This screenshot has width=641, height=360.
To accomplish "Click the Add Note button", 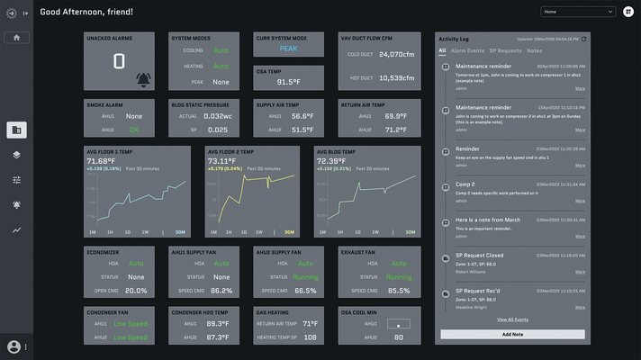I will [x=512, y=334].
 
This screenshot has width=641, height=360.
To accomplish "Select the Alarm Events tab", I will [x=467, y=50].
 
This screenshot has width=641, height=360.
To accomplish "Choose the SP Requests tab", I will [x=506, y=50].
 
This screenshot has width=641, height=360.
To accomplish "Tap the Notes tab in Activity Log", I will [x=534, y=50].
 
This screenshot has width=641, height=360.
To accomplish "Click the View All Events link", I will [x=512, y=319].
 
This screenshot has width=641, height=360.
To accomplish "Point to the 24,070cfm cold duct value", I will [x=396, y=54].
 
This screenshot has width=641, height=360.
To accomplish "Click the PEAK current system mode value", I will [x=288, y=49].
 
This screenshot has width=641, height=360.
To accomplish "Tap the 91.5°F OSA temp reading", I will [x=288, y=82].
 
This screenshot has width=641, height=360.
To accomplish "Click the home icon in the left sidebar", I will [x=16, y=37].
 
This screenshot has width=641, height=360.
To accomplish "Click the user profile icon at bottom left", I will [x=14, y=346].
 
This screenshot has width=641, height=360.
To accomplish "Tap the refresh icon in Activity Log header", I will [x=584, y=39].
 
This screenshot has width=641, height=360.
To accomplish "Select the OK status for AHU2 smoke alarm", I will [x=134, y=130].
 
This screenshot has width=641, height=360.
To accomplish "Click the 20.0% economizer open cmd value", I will [x=136, y=291].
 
